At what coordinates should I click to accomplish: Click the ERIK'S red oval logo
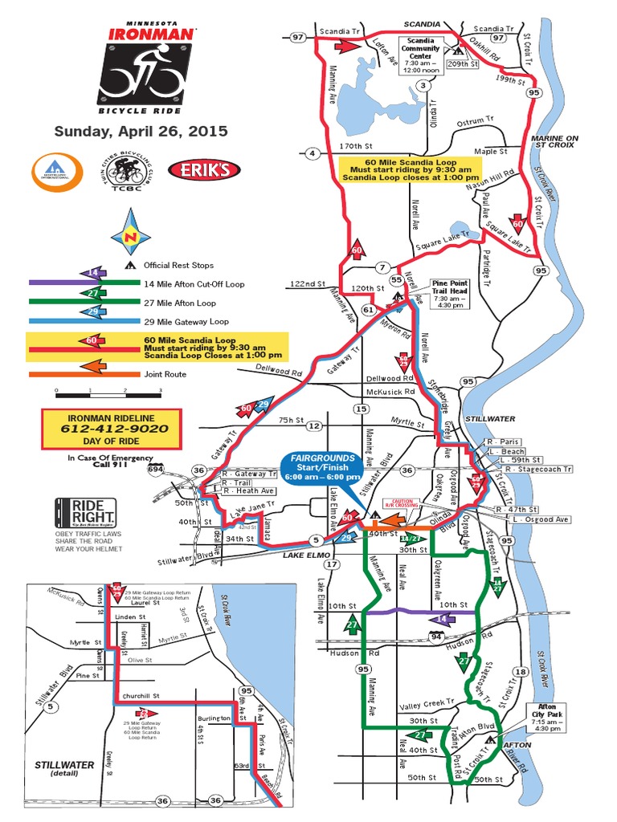click(x=204, y=169)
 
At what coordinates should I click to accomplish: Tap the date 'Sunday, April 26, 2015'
click(x=141, y=131)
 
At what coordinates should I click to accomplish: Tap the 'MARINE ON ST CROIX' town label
click(x=555, y=142)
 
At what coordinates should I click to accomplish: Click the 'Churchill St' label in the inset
click(x=141, y=695)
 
